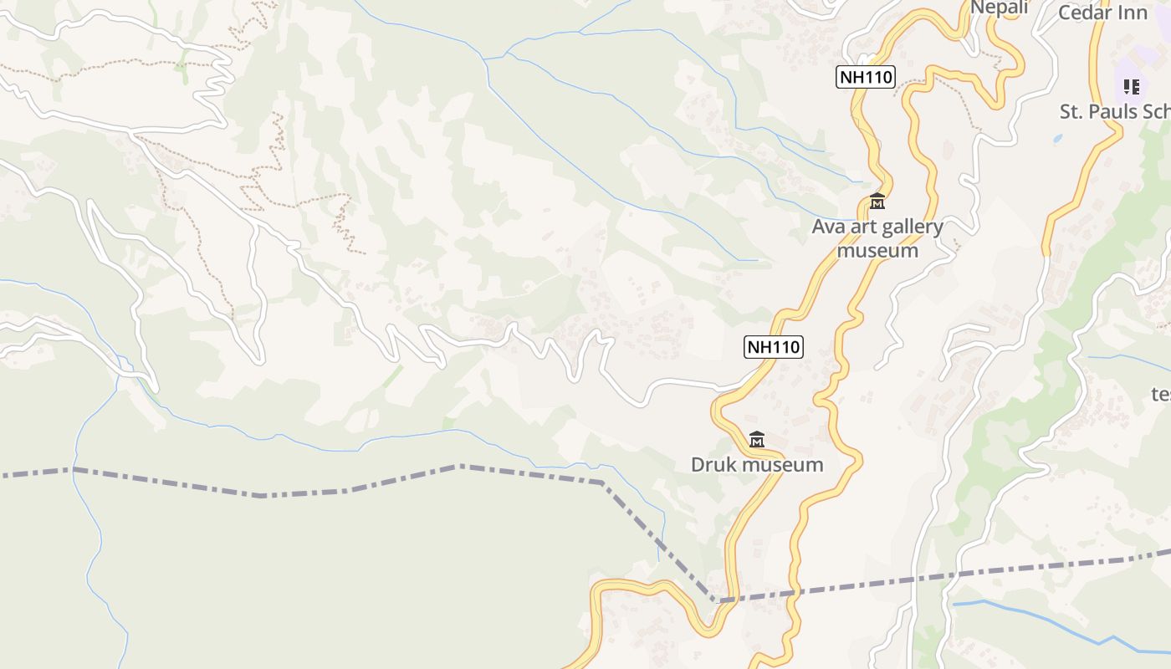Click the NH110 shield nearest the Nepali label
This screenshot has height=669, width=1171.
pos(865,78)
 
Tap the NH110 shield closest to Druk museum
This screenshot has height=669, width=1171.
pos(773,346)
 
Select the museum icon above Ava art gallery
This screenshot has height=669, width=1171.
pos(877,202)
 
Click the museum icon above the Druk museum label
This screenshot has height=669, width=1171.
pos(757,439)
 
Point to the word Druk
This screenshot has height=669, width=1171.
pos(713,465)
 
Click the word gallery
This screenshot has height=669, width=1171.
pos(910,227)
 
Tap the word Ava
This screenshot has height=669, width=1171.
pos(828,227)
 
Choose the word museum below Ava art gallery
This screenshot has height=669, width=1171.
pos(877,250)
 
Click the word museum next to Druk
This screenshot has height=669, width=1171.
pos(781,465)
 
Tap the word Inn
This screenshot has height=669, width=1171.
pos(1133,13)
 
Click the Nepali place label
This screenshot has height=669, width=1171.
pos(999,8)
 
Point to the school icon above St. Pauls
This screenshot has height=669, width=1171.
pos(1132,86)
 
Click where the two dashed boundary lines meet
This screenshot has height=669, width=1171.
pos(717,600)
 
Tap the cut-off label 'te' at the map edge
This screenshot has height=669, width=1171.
pos(1161,394)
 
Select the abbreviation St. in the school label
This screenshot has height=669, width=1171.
pos(1073,111)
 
